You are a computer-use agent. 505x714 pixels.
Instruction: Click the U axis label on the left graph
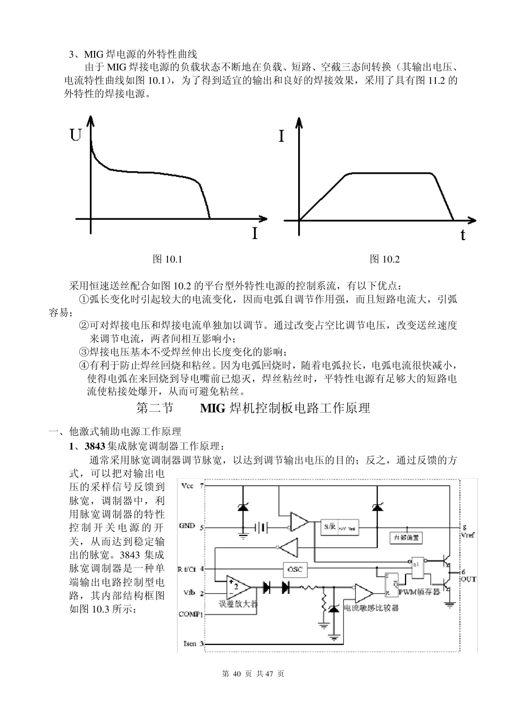[x=75, y=136]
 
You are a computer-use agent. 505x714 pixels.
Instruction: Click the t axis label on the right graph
[x=463, y=235]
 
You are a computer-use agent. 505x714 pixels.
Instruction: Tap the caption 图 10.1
[x=167, y=259]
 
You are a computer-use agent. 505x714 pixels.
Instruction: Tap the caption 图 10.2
[x=384, y=259]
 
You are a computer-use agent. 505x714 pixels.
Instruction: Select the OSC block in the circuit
[x=294, y=569]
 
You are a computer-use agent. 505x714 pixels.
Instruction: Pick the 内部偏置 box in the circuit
[x=407, y=537]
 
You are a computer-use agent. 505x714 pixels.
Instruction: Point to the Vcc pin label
[x=188, y=486]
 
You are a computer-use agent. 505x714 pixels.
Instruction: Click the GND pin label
[x=187, y=526]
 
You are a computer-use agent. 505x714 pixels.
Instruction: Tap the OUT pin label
[x=468, y=579]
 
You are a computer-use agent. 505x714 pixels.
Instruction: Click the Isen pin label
[x=190, y=644]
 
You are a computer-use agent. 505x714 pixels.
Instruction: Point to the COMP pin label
[x=190, y=614]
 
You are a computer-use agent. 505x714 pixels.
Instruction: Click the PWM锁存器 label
[x=419, y=592]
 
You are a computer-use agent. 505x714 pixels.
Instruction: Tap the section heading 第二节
[x=155, y=408]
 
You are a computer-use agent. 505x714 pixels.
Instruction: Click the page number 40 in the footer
[x=237, y=674]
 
